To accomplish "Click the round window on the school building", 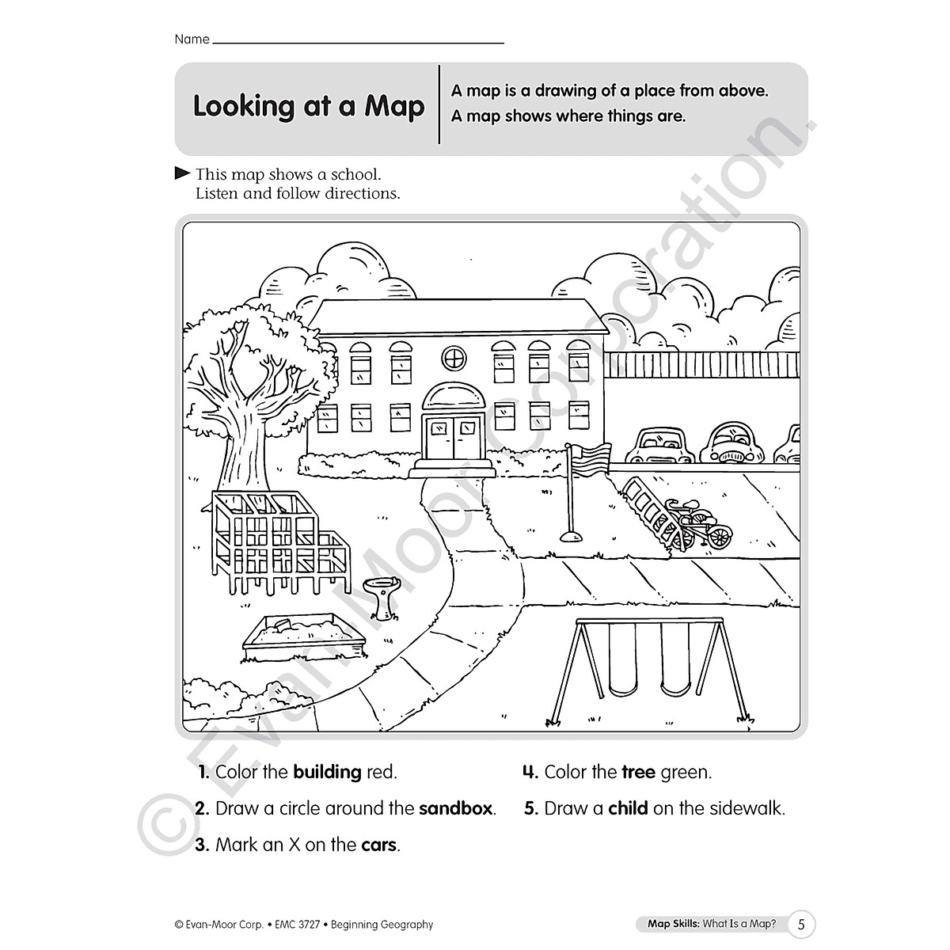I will click(454, 358).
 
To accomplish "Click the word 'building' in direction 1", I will click(327, 772).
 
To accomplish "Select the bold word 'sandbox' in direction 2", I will click(455, 808).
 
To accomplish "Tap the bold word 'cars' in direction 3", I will click(378, 845).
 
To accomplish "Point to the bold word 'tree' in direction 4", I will click(639, 772).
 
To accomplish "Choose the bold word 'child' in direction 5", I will click(628, 808).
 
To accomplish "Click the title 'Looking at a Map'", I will click(309, 106).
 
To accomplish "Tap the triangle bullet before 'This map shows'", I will click(181, 173).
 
